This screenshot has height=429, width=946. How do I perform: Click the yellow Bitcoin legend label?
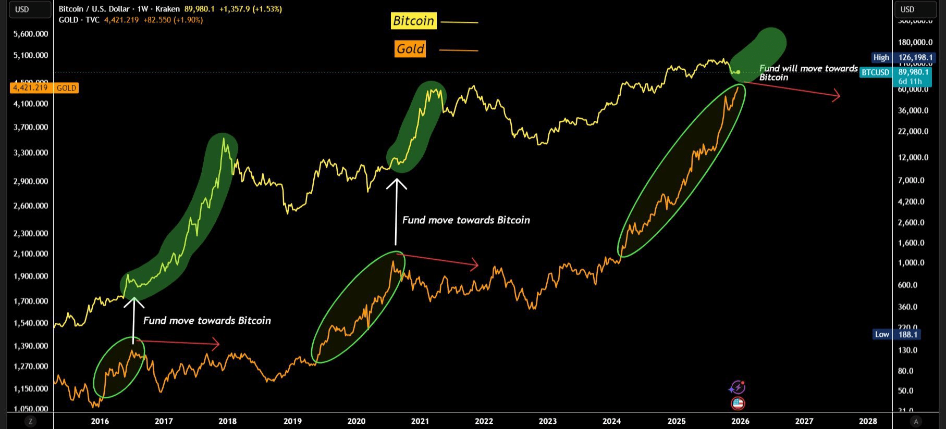click(x=413, y=21)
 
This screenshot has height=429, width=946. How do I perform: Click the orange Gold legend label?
click(x=410, y=49)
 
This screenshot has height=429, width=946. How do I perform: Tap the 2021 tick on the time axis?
click(x=420, y=421)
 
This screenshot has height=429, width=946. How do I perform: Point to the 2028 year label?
click(x=868, y=421)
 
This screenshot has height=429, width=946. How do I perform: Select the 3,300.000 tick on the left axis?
click(x=31, y=153)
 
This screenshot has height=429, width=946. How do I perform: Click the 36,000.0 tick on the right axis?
click(x=913, y=110)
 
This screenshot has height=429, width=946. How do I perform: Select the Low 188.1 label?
click(x=896, y=334)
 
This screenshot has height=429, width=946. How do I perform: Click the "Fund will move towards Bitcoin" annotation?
click(x=807, y=72)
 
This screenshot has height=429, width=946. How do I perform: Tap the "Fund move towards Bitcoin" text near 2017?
click(x=207, y=321)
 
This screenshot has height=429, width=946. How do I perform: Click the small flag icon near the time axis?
click(x=738, y=403)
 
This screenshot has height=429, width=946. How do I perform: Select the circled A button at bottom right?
click(x=916, y=421)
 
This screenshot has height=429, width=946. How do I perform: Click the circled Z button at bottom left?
click(x=30, y=421)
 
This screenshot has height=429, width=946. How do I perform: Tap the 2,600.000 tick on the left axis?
click(x=31, y=206)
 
